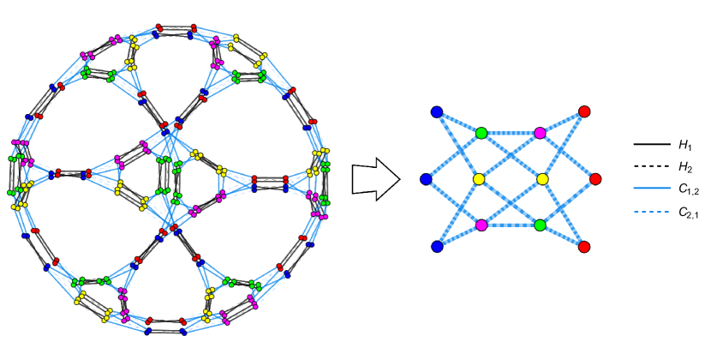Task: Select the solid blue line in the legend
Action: (651, 188)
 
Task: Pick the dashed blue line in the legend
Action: (651, 211)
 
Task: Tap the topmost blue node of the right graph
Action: (437, 112)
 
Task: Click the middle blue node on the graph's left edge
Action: (426, 179)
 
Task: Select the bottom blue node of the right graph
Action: (437, 247)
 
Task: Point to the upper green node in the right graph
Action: (481, 133)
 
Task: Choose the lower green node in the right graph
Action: (540, 225)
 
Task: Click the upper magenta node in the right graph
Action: (540, 133)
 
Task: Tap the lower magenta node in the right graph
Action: (481, 225)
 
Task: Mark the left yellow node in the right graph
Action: (479, 179)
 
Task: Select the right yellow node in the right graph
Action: (542, 179)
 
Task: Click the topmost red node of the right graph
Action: (584, 111)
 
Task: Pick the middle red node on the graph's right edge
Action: (595, 179)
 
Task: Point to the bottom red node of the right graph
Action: (584, 247)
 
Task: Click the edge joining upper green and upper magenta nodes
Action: (511, 133)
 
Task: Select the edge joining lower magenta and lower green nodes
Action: (511, 225)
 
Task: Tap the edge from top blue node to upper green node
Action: (459, 123)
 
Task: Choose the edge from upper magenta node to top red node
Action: (562, 122)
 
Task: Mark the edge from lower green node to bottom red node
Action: (562, 237)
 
